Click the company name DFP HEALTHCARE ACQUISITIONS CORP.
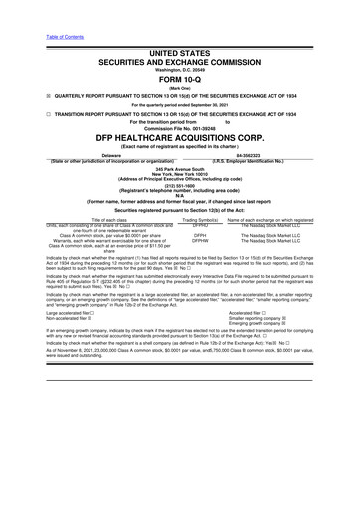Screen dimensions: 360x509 tap(180, 142)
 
